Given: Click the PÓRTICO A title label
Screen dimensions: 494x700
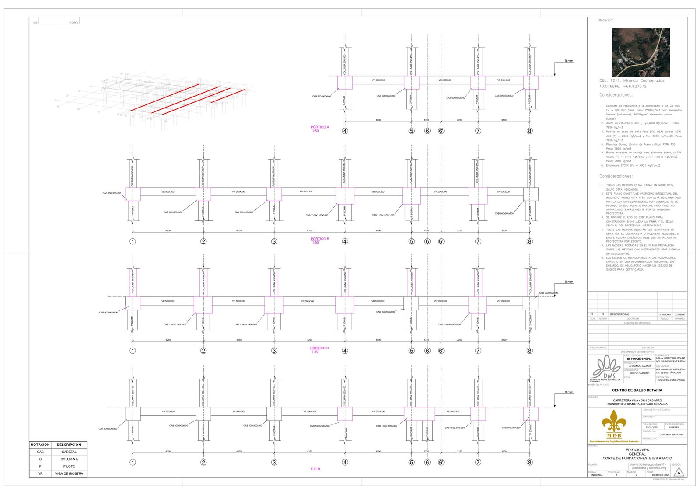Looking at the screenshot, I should point(320,127).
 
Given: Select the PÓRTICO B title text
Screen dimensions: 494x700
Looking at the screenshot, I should point(320,239).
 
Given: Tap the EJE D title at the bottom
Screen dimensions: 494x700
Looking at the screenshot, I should point(315,469).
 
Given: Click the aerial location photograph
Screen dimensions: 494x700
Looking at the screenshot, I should point(640,52).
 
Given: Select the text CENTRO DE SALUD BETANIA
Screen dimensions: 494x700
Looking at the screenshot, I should point(637,390).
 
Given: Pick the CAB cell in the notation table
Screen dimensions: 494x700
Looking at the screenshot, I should point(40,452).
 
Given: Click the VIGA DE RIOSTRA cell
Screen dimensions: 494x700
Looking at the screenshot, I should point(69,474).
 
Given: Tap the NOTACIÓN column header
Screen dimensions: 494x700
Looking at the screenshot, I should point(40,445).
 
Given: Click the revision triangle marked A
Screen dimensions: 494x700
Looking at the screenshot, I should point(679,473).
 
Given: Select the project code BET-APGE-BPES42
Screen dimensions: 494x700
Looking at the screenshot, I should point(639,359).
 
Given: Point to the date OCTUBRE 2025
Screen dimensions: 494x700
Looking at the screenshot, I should point(660,475).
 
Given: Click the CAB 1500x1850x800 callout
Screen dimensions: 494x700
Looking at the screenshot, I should point(387,426).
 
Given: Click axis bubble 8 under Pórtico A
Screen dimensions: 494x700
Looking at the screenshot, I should point(530,131).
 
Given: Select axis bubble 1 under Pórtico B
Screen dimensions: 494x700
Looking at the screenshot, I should point(133,241).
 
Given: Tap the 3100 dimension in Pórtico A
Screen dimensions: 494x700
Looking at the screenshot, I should point(504,120).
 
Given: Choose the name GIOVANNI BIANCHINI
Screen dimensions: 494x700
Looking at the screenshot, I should point(671,435).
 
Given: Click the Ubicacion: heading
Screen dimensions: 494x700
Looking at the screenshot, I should point(605,21).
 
